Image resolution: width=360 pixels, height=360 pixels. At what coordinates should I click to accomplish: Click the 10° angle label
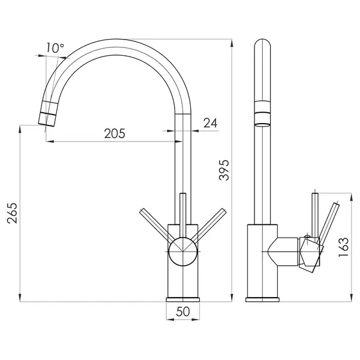point(55,48)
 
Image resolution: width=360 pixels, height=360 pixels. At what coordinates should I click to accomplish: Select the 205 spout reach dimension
point(115,133)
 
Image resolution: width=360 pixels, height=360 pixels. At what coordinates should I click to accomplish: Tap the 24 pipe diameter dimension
point(211,123)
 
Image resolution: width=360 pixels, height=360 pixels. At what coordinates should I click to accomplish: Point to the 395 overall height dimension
point(224,170)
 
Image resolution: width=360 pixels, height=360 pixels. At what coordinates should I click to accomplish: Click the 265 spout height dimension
point(12,213)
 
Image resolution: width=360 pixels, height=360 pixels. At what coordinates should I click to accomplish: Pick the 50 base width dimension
point(183,311)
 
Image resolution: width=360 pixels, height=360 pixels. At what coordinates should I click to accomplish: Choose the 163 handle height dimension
point(344,247)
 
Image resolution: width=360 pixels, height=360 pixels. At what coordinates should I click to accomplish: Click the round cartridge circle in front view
point(183,251)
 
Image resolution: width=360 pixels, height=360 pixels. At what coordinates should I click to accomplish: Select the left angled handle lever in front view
point(157,226)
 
